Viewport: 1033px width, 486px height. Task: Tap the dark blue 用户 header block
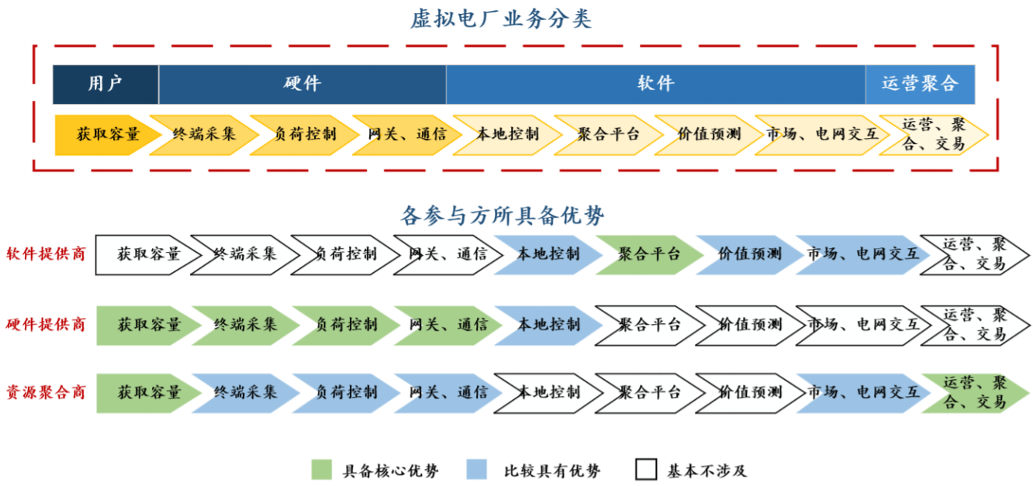coord(105,84)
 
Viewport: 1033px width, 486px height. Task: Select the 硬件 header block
coord(302,84)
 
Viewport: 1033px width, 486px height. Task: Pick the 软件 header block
coord(655,84)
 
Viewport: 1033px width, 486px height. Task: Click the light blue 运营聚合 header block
coord(920,84)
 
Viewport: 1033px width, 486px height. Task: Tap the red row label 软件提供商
coord(46,253)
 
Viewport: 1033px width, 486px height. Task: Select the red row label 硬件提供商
coord(46,324)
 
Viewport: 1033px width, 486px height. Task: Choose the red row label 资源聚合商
coord(46,391)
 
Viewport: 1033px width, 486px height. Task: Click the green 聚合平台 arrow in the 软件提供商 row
coord(648,254)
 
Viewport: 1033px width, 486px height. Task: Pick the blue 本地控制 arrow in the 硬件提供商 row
coord(548,324)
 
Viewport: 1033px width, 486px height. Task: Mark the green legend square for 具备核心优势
coord(322,470)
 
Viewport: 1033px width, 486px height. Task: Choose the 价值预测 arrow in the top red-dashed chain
coord(707,134)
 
